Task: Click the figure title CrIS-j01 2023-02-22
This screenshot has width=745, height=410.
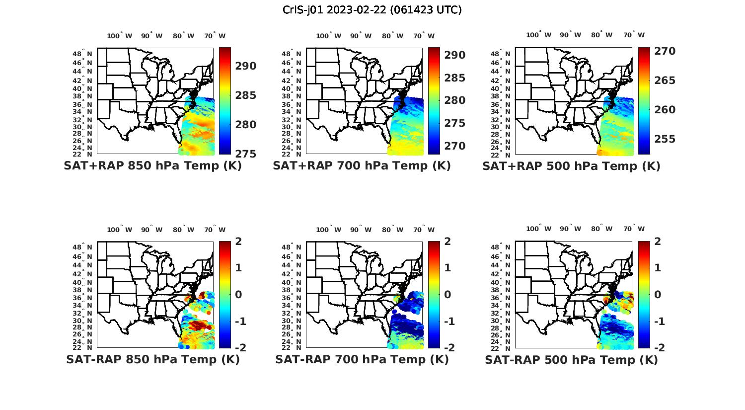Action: tap(372, 10)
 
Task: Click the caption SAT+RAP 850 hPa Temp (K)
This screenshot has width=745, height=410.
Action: tap(152, 166)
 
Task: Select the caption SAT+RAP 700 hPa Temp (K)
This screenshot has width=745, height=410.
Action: tap(362, 166)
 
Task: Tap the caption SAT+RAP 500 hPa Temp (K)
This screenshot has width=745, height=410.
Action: tap(571, 166)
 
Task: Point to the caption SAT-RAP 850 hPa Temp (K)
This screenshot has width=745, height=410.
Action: tap(152, 359)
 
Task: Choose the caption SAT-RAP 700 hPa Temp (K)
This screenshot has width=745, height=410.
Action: tap(362, 359)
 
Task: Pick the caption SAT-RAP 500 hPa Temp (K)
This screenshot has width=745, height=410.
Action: tap(571, 359)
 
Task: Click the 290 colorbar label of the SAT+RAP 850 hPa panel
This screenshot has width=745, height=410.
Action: tap(246, 66)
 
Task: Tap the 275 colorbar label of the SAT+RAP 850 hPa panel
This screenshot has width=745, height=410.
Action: tap(246, 154)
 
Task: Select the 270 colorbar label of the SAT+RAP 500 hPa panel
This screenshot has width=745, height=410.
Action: tap(665, 51)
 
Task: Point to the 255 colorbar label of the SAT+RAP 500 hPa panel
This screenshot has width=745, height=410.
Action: tap(665, 139)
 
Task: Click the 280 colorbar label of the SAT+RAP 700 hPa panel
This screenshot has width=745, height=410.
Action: tap(455, 100)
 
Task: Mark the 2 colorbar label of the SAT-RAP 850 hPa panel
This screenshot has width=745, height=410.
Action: tap(238, 242)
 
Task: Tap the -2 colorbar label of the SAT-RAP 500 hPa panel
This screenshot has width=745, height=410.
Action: tap(654, 347)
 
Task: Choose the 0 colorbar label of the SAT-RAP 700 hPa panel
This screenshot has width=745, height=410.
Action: tap(447, 294)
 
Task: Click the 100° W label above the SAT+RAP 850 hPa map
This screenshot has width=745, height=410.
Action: tap(120, 36)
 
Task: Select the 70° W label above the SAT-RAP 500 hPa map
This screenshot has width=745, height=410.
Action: tap(634, 229)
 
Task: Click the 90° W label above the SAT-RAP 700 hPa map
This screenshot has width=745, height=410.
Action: tap(361, 230)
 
